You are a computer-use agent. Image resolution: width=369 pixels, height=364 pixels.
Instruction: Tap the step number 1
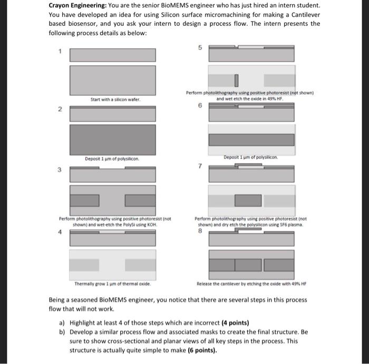(60, 51)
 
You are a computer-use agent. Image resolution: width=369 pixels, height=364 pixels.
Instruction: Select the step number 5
(200, 47)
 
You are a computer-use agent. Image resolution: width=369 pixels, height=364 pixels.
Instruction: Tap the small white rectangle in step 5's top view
(237, 81)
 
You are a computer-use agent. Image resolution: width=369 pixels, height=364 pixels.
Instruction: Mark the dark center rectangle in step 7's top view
(248, 201)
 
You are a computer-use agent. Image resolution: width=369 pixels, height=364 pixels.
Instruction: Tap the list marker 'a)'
(61, 323)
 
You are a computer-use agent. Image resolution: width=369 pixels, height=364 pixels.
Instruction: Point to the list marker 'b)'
(61, 332)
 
